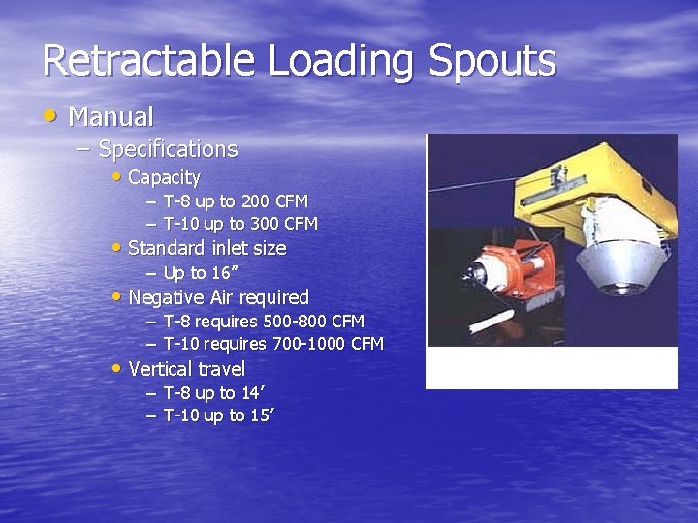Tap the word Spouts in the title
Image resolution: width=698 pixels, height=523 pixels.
[x=492, y=60]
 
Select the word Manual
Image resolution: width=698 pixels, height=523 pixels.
[x=111, y=117]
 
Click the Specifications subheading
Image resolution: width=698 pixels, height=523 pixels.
[x=168, y=149]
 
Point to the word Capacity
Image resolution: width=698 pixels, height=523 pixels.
[x=164, y=177]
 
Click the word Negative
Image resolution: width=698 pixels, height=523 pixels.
[x=166, y=297]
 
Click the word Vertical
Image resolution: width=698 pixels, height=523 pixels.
[x=160, y=369]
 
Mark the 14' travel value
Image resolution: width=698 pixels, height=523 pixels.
[x=251, y=392]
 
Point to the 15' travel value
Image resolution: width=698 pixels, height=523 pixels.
[x=262, y=415]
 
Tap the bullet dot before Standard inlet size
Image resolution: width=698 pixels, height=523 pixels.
[x=117, y=247]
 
